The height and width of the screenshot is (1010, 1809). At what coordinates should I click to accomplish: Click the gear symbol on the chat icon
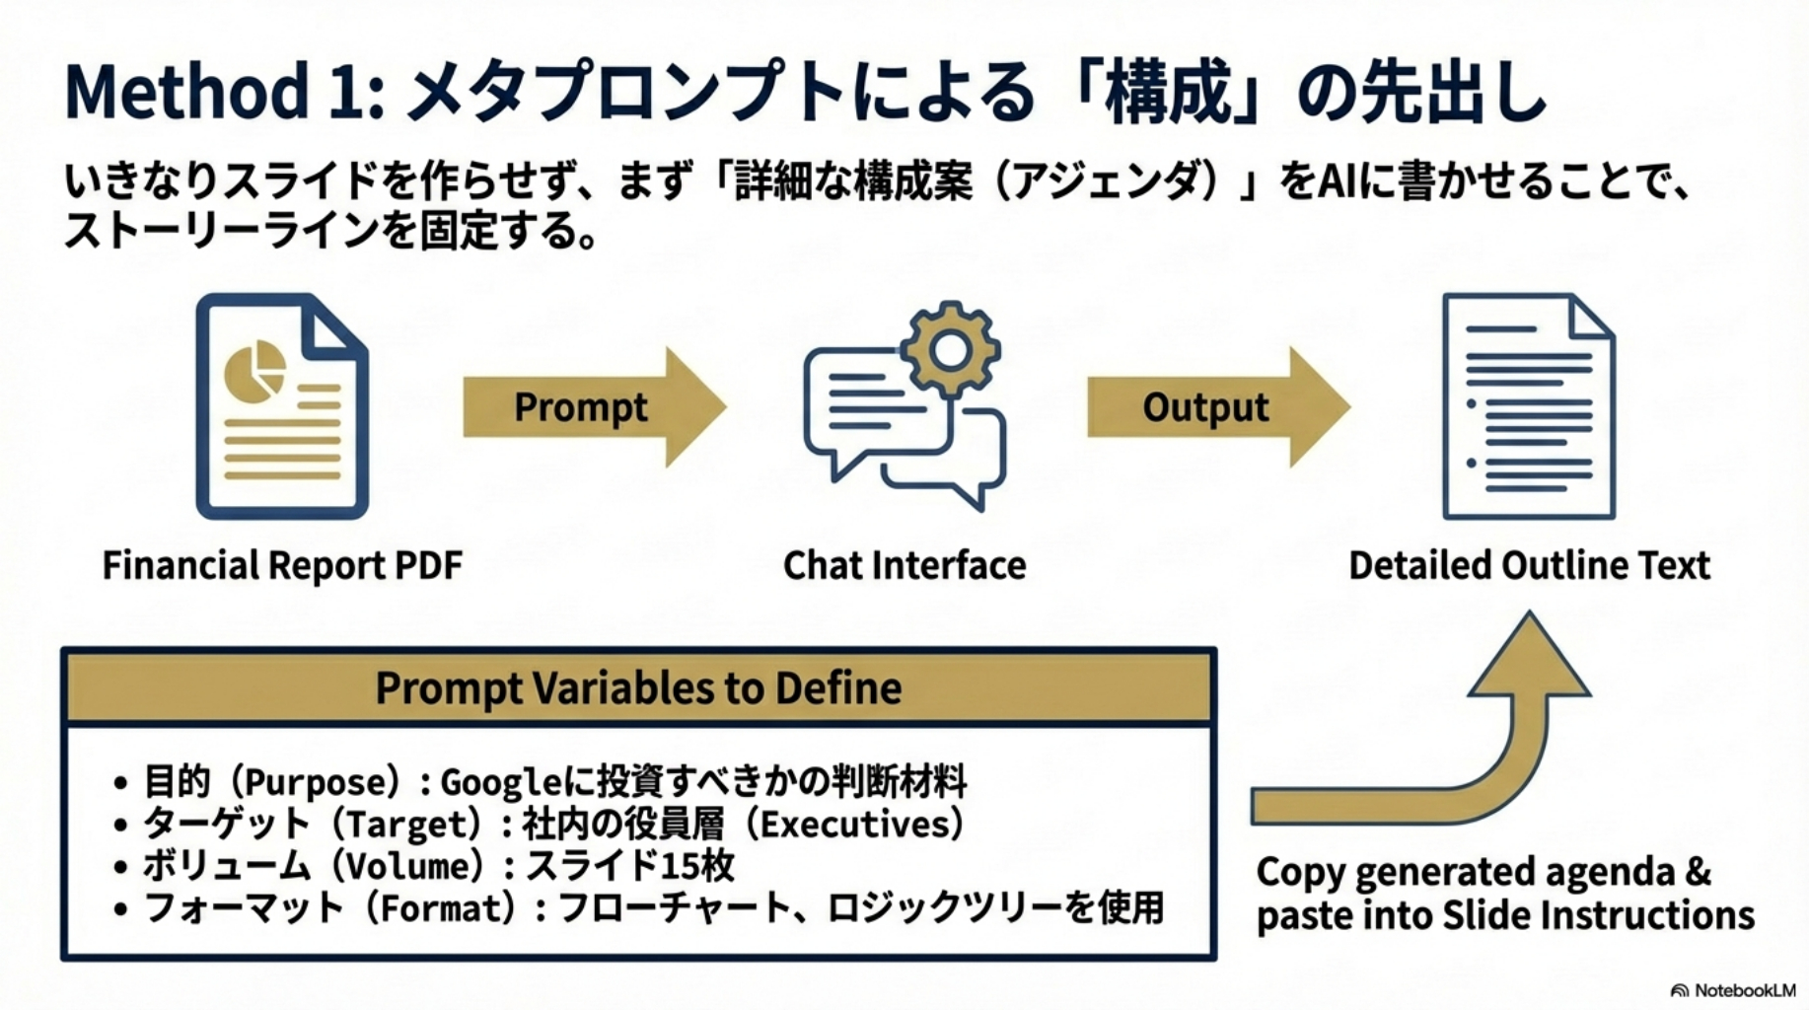click(950, 349)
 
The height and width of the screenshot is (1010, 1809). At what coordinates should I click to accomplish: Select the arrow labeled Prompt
click(595, 406)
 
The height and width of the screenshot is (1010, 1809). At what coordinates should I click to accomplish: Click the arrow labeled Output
click(1218, 406)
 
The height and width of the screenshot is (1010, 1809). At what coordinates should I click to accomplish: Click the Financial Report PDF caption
click(282, 566)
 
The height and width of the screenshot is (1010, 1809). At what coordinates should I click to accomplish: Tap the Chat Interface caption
click(904, 566)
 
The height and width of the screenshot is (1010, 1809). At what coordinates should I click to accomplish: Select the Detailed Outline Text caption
click(1529, 566)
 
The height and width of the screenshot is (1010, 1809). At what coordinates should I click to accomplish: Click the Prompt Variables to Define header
click(638, 688)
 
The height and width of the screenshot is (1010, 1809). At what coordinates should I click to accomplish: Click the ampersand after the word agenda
click(1698, 872)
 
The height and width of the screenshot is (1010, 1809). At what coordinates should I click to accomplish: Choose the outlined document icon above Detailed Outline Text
click(1528, 406)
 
